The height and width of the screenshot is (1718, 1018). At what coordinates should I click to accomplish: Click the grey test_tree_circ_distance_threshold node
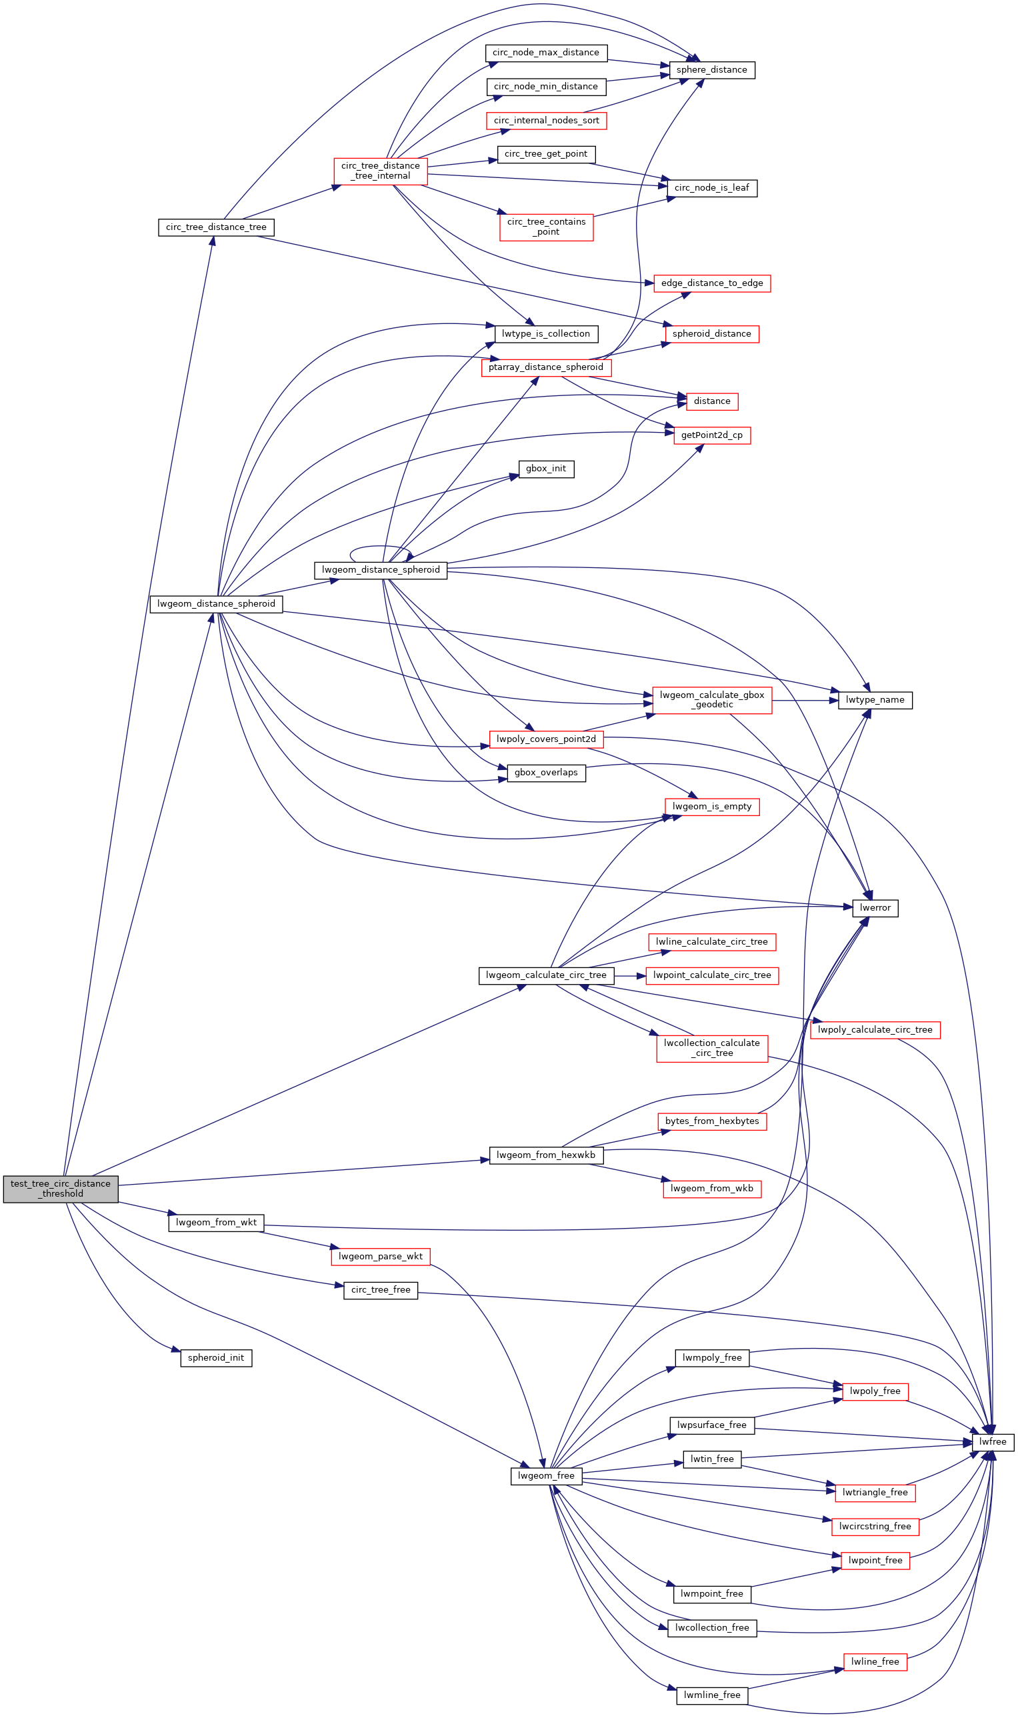point(61,1189)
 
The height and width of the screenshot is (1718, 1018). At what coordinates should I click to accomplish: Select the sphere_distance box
point(711,70)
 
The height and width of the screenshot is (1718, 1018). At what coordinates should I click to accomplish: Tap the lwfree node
point(992,1441)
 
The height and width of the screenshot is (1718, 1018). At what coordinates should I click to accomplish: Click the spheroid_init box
point(216,1357)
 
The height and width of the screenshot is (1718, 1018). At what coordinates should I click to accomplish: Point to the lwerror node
point(875,907)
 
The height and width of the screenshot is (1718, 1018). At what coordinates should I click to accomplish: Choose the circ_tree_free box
point(380,1289)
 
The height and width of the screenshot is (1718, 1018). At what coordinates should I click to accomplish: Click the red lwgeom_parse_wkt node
point(380,1256)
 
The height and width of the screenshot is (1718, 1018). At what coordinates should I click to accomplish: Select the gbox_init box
point(546,469)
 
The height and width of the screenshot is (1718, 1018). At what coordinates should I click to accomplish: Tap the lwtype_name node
point(875,699)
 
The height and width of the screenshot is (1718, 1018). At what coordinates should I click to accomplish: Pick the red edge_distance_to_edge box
point(711,283)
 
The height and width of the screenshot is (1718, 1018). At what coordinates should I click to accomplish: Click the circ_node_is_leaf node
point(711,187)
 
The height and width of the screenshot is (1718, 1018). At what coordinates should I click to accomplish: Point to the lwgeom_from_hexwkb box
point(546,1155)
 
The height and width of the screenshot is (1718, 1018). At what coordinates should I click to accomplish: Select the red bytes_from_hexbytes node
point(711,1121)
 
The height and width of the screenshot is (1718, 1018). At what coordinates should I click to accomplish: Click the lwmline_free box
point(711,1695)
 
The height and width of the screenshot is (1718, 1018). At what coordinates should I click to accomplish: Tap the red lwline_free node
point(875,1661)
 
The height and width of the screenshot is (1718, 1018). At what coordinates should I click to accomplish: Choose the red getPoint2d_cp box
point(711,435)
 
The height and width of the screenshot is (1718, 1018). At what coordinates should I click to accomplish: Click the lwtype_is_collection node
point(546,333)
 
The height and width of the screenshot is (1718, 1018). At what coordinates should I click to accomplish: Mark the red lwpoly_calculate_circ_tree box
point(875,1029)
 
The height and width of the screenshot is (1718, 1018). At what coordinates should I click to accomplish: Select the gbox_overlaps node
point(546,772)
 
